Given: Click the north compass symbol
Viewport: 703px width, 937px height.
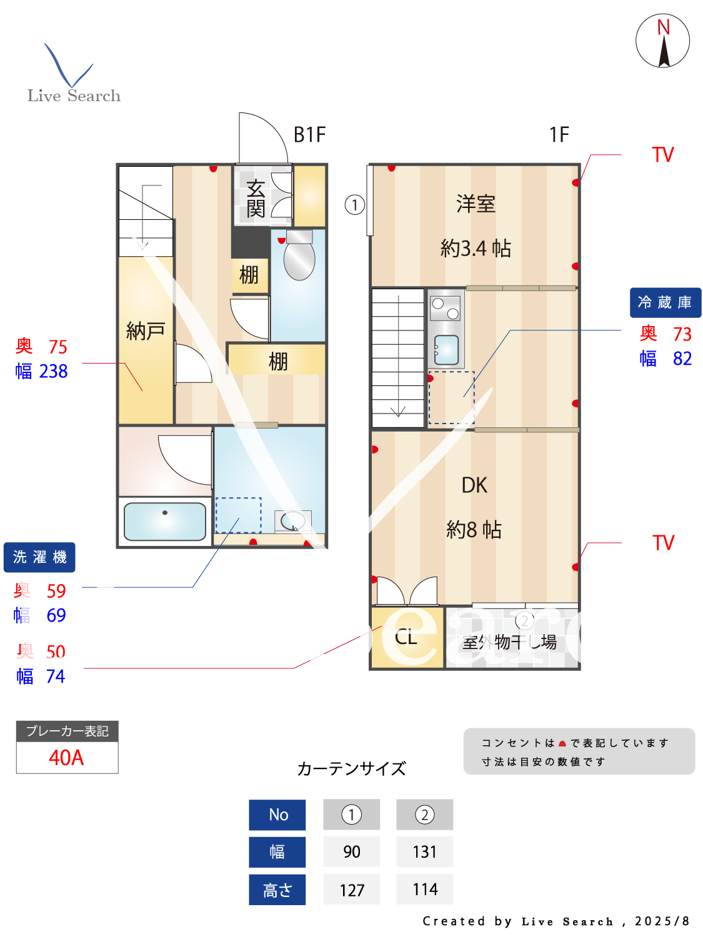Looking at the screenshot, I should click(662, 41).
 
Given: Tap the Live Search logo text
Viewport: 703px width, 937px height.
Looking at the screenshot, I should click(74, 96).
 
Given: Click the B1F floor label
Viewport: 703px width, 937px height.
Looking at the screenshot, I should click(309, 134).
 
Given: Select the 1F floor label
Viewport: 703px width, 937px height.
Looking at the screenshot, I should click(559, 134).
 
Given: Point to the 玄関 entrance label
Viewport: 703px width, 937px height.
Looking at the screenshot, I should click(256, 198).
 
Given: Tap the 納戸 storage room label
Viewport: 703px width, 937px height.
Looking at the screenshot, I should click(146, 330).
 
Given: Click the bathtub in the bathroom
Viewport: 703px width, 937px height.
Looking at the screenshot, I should click(165, 521).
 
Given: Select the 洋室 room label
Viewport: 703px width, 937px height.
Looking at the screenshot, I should click(476, 204).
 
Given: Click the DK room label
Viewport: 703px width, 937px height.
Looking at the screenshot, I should click(474, 485).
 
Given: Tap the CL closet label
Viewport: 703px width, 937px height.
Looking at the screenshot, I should click(406, 637).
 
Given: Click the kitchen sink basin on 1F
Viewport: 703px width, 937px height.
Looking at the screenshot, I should click(446, 350).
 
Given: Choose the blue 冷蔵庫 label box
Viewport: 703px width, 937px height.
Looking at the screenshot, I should click(665, 302).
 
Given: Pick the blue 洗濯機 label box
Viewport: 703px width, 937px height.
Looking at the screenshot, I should click(39, 557).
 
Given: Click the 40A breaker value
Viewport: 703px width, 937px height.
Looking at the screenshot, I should click(66, 758).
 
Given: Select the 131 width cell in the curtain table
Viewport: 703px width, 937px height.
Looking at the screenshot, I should click(424, 851).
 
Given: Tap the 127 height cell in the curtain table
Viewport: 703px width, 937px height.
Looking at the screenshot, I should click(352, 890).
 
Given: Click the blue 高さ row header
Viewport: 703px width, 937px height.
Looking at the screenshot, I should click(277, 890).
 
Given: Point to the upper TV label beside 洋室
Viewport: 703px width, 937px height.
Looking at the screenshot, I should click(663, 155).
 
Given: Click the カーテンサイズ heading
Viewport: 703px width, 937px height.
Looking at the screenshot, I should click(352, 768).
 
